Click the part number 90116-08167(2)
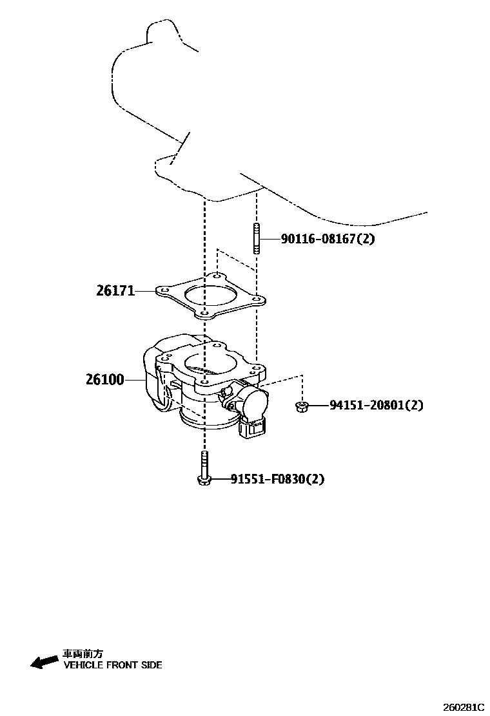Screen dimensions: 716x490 click(328, 239)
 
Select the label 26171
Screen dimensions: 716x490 click(115, 291)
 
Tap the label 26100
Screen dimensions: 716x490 click(104, 380)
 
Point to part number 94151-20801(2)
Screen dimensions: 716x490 click(377, 406)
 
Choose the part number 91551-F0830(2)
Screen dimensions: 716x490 click(277, 479)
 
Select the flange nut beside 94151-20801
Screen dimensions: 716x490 click(300, 406)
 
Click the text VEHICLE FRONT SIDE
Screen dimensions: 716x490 click(112, 665)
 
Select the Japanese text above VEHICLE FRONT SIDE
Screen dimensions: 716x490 click(83, 653)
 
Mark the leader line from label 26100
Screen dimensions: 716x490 click(134, 380)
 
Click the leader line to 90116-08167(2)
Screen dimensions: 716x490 click(269, 239)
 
